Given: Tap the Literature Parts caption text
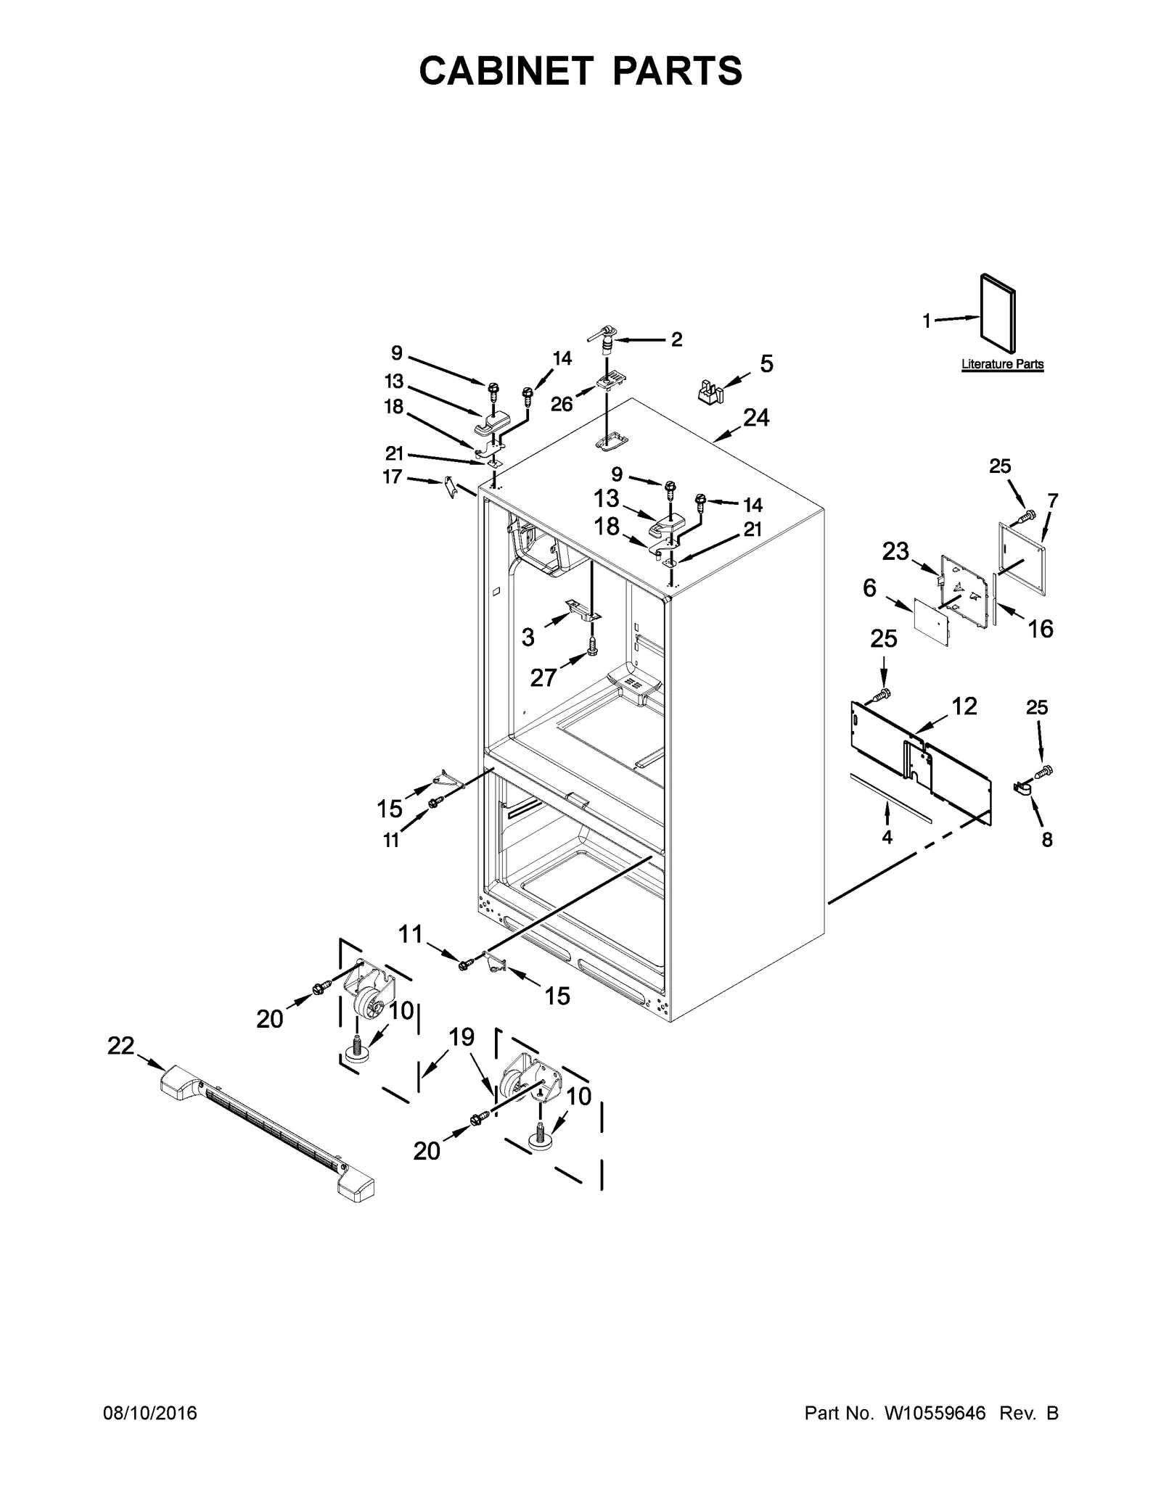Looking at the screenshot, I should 1002,364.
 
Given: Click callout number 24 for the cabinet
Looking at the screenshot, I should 755,418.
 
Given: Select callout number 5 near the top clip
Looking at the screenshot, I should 766,363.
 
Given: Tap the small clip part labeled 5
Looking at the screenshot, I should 710,391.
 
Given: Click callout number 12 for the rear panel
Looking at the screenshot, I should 964,706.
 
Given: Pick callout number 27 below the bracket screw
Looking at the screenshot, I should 543,677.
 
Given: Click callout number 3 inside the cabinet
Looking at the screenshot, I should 528,637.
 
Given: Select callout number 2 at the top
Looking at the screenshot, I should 676,339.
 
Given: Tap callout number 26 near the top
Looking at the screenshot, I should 562,404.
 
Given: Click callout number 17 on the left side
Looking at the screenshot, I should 393,477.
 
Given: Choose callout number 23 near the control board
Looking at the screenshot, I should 895,552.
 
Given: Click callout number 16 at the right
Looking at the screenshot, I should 1041,628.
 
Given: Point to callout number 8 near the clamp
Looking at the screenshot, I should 1046,840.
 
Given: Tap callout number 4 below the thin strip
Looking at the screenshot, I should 887,836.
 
